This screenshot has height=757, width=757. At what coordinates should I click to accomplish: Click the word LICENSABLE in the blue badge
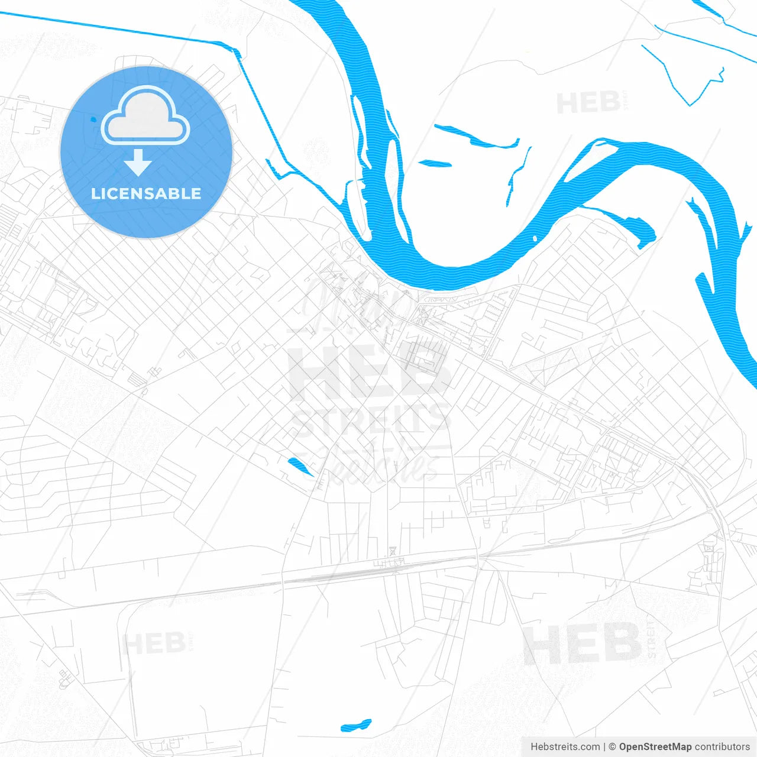coord(146,193)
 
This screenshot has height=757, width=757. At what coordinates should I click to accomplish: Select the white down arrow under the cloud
coord(138,163)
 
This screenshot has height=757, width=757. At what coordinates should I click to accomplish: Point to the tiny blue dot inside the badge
coord(92,119)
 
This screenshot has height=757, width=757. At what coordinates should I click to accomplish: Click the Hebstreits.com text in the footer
coord(565,747)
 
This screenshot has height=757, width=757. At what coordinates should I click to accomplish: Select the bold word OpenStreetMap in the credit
coord(655,747)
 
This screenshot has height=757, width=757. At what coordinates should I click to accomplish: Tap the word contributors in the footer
coord(722,747)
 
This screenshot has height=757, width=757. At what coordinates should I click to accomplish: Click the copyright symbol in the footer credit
coord(613,747)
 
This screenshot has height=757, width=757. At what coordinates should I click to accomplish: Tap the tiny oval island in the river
coord(535,238)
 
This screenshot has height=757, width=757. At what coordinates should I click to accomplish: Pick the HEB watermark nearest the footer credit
coord(583,643)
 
